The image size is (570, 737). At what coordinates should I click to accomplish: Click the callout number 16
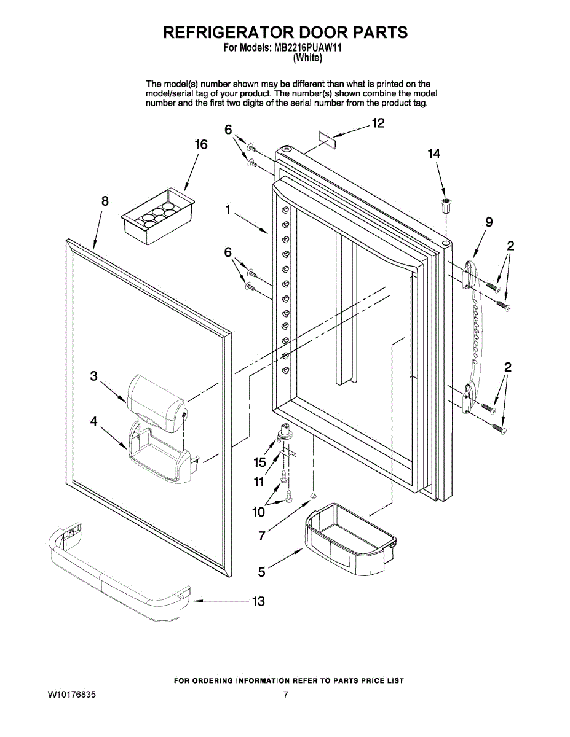201,145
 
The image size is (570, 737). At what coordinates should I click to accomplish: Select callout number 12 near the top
378,123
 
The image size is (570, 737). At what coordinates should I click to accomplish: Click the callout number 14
434,154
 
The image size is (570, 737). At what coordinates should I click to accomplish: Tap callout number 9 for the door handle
488,222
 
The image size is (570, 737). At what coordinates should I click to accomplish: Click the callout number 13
258,601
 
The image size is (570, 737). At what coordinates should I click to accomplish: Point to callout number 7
261,536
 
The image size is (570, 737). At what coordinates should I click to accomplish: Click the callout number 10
258,511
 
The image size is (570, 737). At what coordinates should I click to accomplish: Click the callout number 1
228,210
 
